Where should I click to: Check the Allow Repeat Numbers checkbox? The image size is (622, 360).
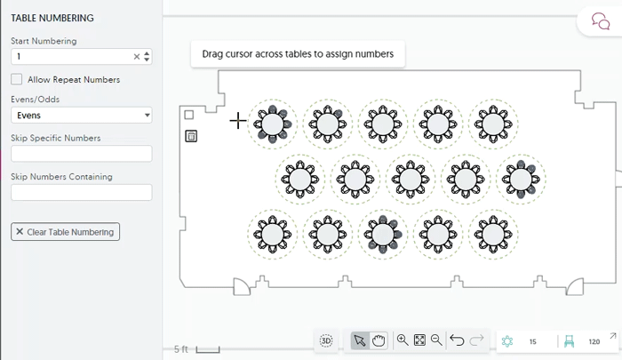click(17, 79)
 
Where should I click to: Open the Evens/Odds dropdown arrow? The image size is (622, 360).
click(147, 116)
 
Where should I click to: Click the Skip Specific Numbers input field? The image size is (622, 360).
click(81, 154)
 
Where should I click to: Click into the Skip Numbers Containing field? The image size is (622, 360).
click(81, 192)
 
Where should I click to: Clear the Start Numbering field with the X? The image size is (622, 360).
click(137, 57)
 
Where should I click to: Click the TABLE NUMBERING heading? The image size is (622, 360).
click(52, 18)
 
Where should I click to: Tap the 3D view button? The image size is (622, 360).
click(326, 340)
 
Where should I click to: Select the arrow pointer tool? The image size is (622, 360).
click(359, 340)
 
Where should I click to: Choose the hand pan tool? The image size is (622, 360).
click(379, 340)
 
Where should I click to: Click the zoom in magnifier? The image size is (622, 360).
click(403, 340)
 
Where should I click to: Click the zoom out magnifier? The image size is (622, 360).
click(436, 340)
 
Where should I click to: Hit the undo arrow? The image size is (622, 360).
click(457, 340)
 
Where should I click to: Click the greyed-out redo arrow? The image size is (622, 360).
click(476, 340)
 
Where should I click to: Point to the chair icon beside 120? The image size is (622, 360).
click(570, 341)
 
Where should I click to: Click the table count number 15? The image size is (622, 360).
click(532, 341)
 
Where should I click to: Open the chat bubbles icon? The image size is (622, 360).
click(600, 21)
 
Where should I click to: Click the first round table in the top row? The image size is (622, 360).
click(273, 124)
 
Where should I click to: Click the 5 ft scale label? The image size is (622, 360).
click(181, 349)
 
